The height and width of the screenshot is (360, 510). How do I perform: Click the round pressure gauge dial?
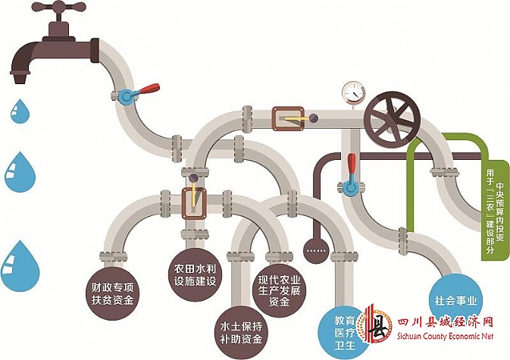(353, 91)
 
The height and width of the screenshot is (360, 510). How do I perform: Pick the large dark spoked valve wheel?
(391, 119)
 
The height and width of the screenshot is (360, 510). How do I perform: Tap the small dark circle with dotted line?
(313, 248)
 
